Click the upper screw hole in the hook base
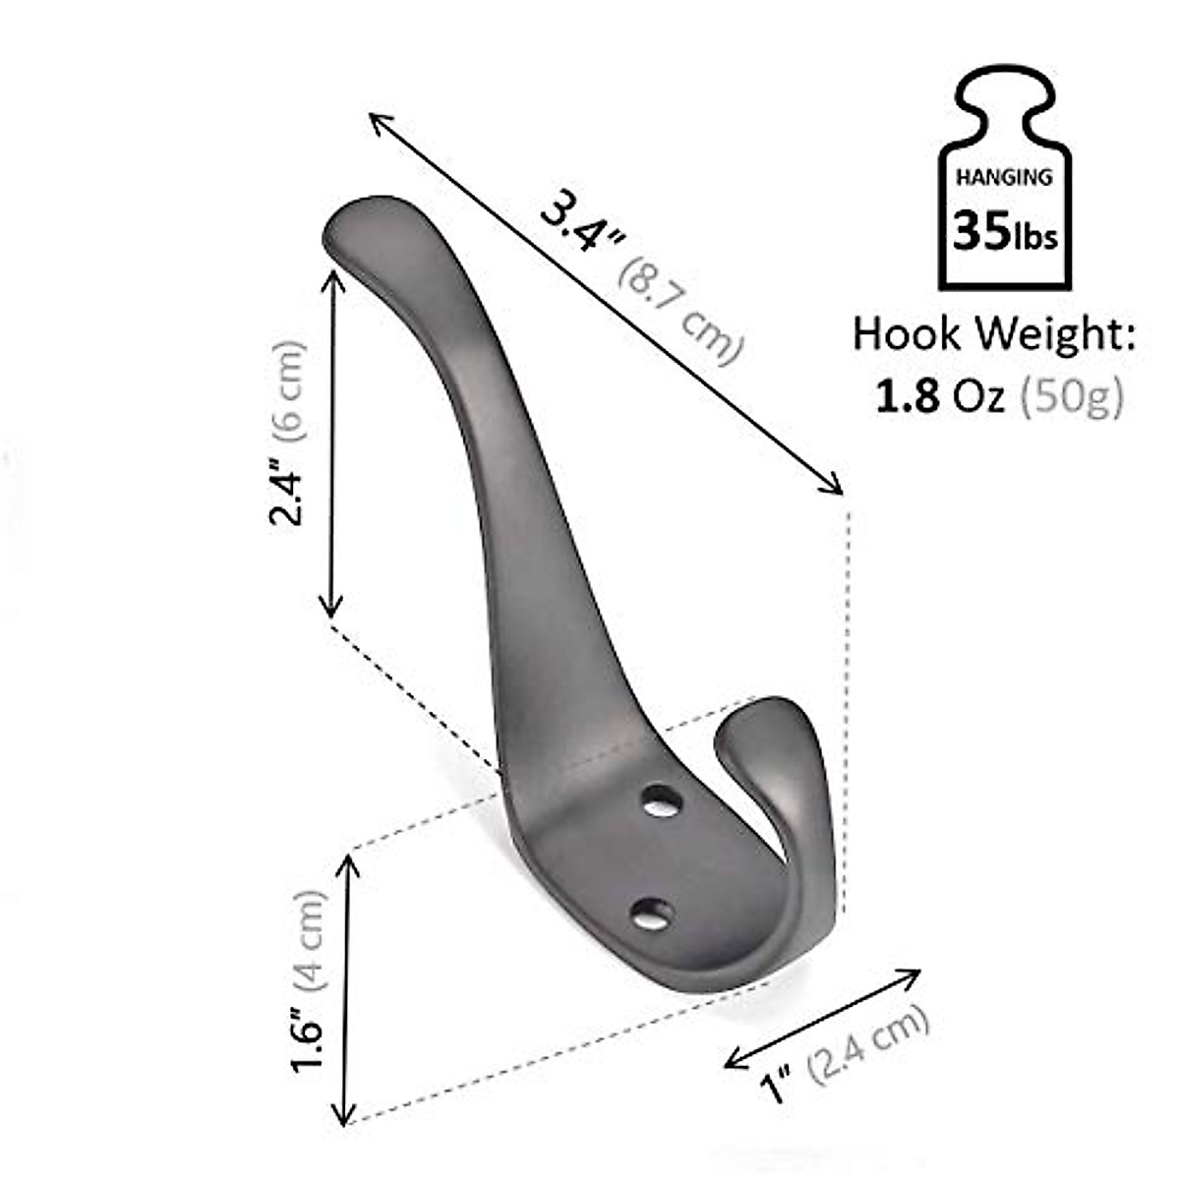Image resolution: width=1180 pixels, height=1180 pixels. [x=662, y=800]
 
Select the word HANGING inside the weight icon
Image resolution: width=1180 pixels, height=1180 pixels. [x=1004, y=178]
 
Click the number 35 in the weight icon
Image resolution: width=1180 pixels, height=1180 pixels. [x=977, y=233]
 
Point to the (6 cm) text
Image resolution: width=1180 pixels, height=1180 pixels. [x=288, y=389]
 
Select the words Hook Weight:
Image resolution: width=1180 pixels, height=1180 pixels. [x=993, y=334]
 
